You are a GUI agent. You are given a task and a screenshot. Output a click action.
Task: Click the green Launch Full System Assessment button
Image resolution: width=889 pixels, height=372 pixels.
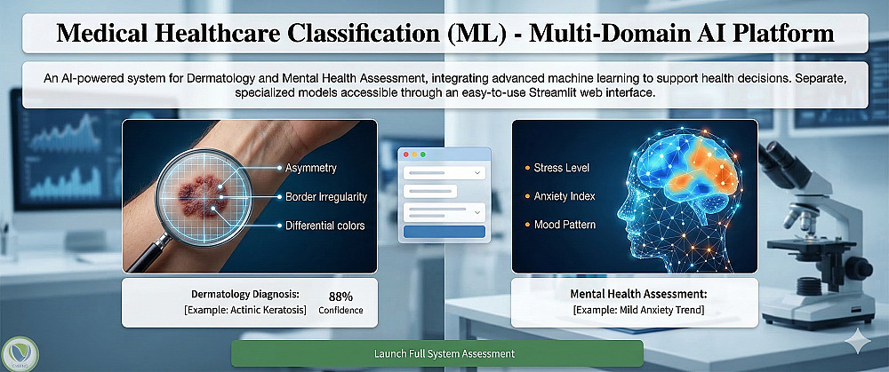point(437,353)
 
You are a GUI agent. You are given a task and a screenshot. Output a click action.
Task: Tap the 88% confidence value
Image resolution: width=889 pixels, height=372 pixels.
point(340,297)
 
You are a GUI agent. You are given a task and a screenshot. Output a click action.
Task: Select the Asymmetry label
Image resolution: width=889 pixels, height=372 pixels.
point(310,168)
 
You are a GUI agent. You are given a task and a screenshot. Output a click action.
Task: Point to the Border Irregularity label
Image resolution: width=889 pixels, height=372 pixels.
point(326,197)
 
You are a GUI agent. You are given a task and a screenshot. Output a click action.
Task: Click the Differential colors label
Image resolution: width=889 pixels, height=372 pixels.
point(324,226)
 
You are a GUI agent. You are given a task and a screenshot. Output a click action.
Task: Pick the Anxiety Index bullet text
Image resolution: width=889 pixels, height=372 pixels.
point(565,196)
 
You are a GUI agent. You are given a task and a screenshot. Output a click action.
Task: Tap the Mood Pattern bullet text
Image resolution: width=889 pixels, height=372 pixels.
point(565,225)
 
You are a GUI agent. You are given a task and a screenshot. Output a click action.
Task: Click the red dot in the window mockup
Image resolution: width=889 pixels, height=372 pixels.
point(405,154)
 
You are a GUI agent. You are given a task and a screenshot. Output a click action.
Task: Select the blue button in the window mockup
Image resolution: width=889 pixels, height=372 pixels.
point(444,232)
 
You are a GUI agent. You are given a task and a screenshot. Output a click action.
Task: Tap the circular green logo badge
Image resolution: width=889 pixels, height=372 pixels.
point(20,354)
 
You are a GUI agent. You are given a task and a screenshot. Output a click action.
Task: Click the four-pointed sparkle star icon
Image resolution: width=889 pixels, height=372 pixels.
point(856,341)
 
